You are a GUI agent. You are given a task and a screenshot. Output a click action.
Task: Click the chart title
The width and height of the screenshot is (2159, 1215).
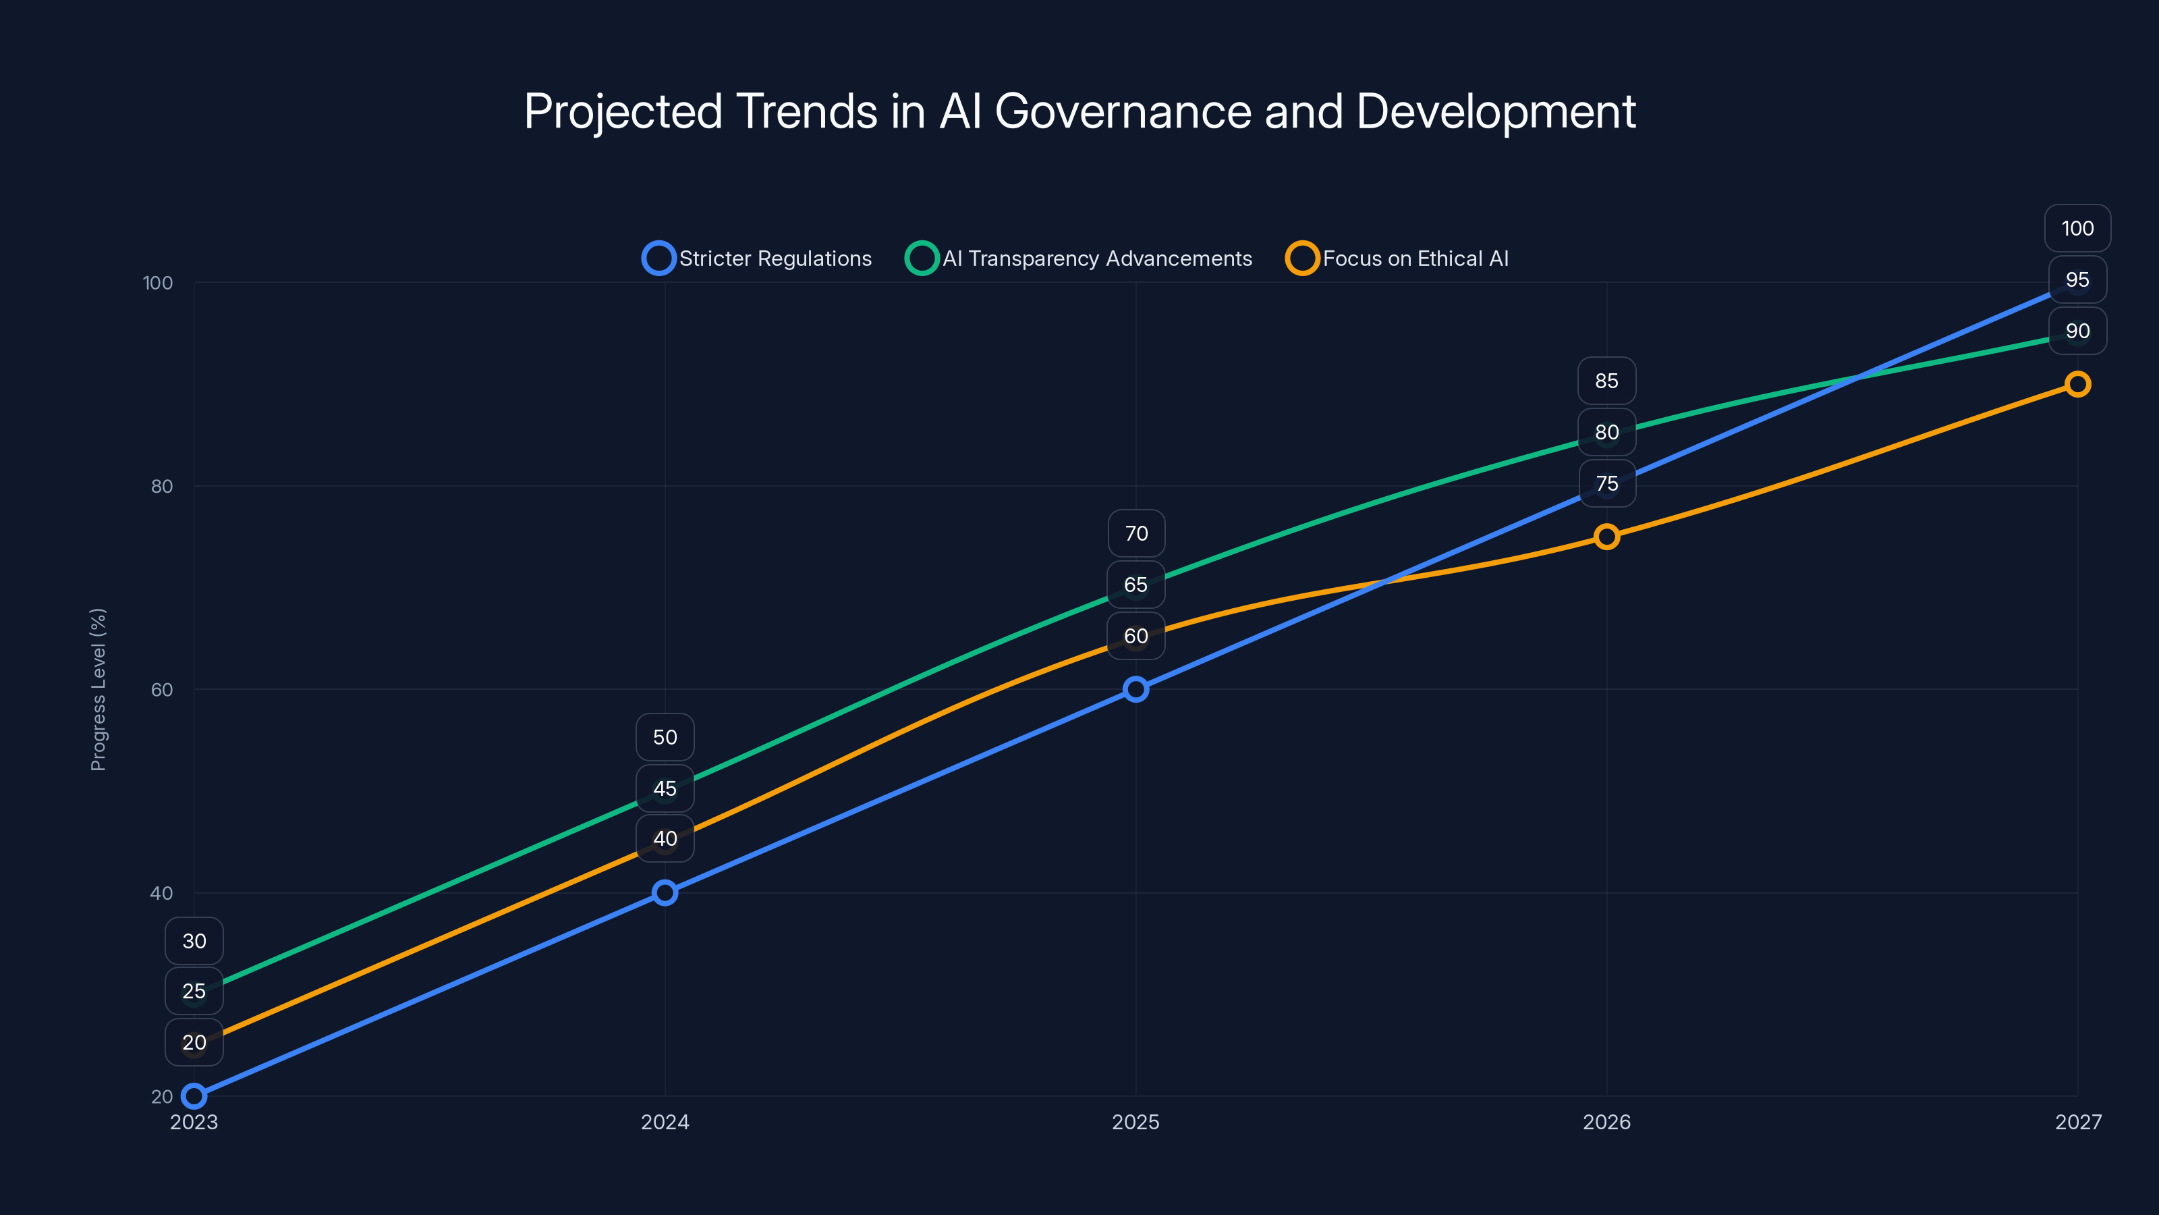coord(1079,111)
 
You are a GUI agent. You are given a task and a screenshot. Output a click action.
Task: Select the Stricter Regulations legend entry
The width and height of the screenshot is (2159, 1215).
coord(758,259)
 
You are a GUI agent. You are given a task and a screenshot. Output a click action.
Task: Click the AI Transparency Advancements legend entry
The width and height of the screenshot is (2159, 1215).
coord(1079,259)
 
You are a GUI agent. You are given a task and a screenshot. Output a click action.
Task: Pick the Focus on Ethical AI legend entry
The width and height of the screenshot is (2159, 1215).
coord(1397,259)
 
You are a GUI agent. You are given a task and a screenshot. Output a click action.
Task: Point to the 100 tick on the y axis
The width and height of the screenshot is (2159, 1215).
coord(158,283)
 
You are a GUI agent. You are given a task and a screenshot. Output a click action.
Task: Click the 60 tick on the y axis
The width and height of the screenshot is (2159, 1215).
coord(161,689)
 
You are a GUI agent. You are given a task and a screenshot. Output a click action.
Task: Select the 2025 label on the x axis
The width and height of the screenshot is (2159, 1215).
coord(1135,1122)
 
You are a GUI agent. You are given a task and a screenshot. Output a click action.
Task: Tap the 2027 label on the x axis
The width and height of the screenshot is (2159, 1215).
coord(2078,1122)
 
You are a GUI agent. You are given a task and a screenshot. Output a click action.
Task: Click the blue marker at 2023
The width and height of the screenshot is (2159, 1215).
coord(194,1096)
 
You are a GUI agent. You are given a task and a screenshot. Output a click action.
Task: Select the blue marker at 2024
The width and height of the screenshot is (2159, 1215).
coord(665,892)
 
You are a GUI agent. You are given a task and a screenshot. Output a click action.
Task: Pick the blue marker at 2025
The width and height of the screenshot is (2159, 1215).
coord(1135,689)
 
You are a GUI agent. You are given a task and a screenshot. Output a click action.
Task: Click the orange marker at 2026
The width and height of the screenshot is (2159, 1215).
coord(1606,537)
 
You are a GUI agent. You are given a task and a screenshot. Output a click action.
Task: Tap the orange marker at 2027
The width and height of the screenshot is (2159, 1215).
coord(2078,384)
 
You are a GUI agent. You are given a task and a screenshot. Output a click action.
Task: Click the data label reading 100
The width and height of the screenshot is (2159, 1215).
coord(2078,228)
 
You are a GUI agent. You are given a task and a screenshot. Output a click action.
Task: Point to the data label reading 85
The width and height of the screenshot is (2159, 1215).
coord(1606,381)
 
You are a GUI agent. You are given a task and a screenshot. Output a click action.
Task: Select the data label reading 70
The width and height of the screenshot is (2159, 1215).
coord(1135,533)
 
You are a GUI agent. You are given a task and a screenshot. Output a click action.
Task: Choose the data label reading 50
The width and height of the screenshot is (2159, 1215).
coord(665,737)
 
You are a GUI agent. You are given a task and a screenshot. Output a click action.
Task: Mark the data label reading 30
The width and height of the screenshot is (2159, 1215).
coord(194,941)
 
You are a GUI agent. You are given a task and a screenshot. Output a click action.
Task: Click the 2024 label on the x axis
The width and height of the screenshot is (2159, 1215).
coord(665,1122)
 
